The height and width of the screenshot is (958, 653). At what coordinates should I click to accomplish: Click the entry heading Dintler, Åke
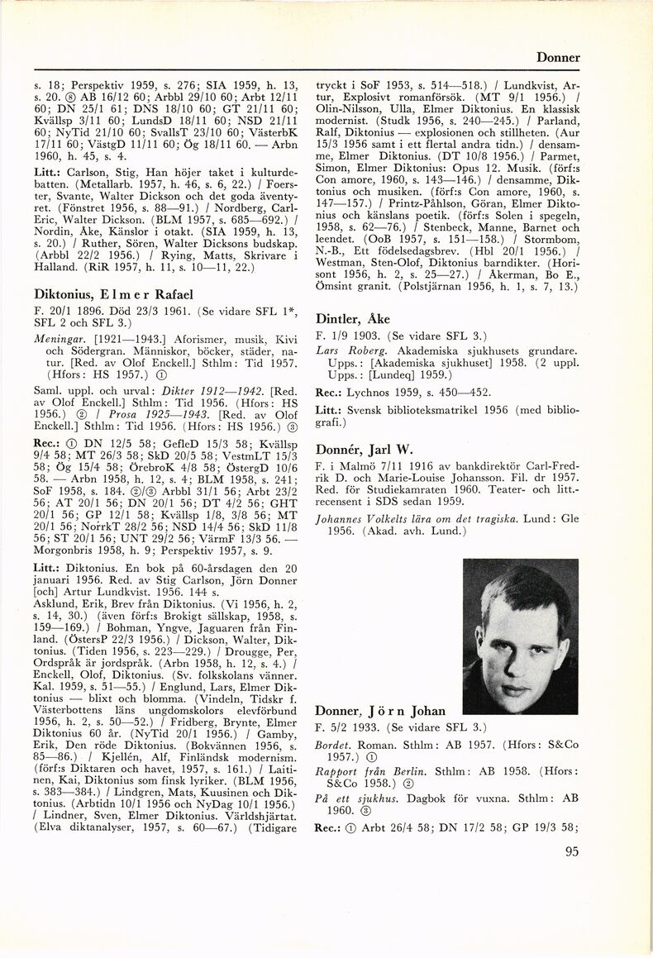[353, 319]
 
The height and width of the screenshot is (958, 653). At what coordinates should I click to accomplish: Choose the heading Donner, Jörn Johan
[380, 710]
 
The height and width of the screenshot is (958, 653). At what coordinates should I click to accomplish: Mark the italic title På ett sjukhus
[353, 798]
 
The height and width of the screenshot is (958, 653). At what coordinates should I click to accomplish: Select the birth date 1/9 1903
[350, 336]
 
